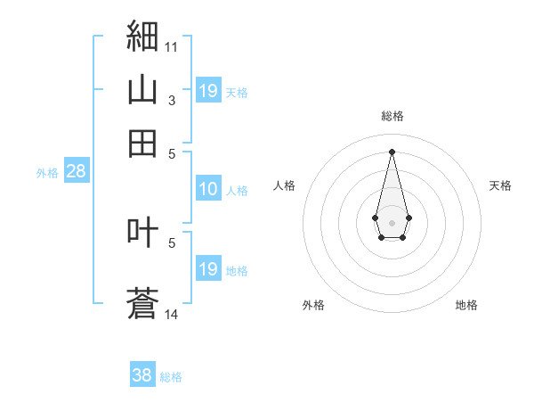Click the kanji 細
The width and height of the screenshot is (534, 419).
click(142, 36)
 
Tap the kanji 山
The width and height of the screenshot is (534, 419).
click(142, 89)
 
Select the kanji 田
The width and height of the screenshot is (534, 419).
click(142, 144)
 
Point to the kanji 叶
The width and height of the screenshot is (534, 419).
click(142, 232)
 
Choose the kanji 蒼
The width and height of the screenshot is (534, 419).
click(142, 303)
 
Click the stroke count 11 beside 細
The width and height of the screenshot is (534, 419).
click(171, 47)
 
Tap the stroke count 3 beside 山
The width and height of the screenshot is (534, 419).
click(172, 101)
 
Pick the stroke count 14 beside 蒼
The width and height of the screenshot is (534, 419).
click(171, 314)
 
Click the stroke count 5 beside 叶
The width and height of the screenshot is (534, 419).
click(172, 243)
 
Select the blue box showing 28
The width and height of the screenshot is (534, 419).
click(77, 170)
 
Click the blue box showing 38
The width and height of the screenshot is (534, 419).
click(142, 374)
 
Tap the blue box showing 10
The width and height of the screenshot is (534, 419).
click(209, 188)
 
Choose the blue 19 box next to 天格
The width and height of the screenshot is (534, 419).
click(209, 90)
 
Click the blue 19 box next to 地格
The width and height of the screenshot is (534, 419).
click(209, 267)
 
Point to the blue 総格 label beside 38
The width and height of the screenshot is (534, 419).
click(171, 377)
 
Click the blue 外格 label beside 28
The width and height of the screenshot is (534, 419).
click(47, 173)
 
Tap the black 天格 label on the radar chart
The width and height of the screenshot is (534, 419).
click(500, 185)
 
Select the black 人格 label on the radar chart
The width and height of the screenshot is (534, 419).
click(284, 185)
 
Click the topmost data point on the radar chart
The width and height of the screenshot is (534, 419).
click(392, 152)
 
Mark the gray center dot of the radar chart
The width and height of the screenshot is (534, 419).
click(392, 223)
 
